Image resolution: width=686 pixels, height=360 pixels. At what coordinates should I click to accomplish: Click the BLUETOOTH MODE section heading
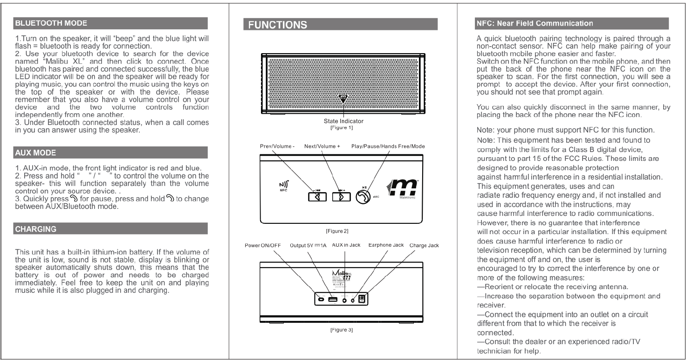click(x=42, y=21)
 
